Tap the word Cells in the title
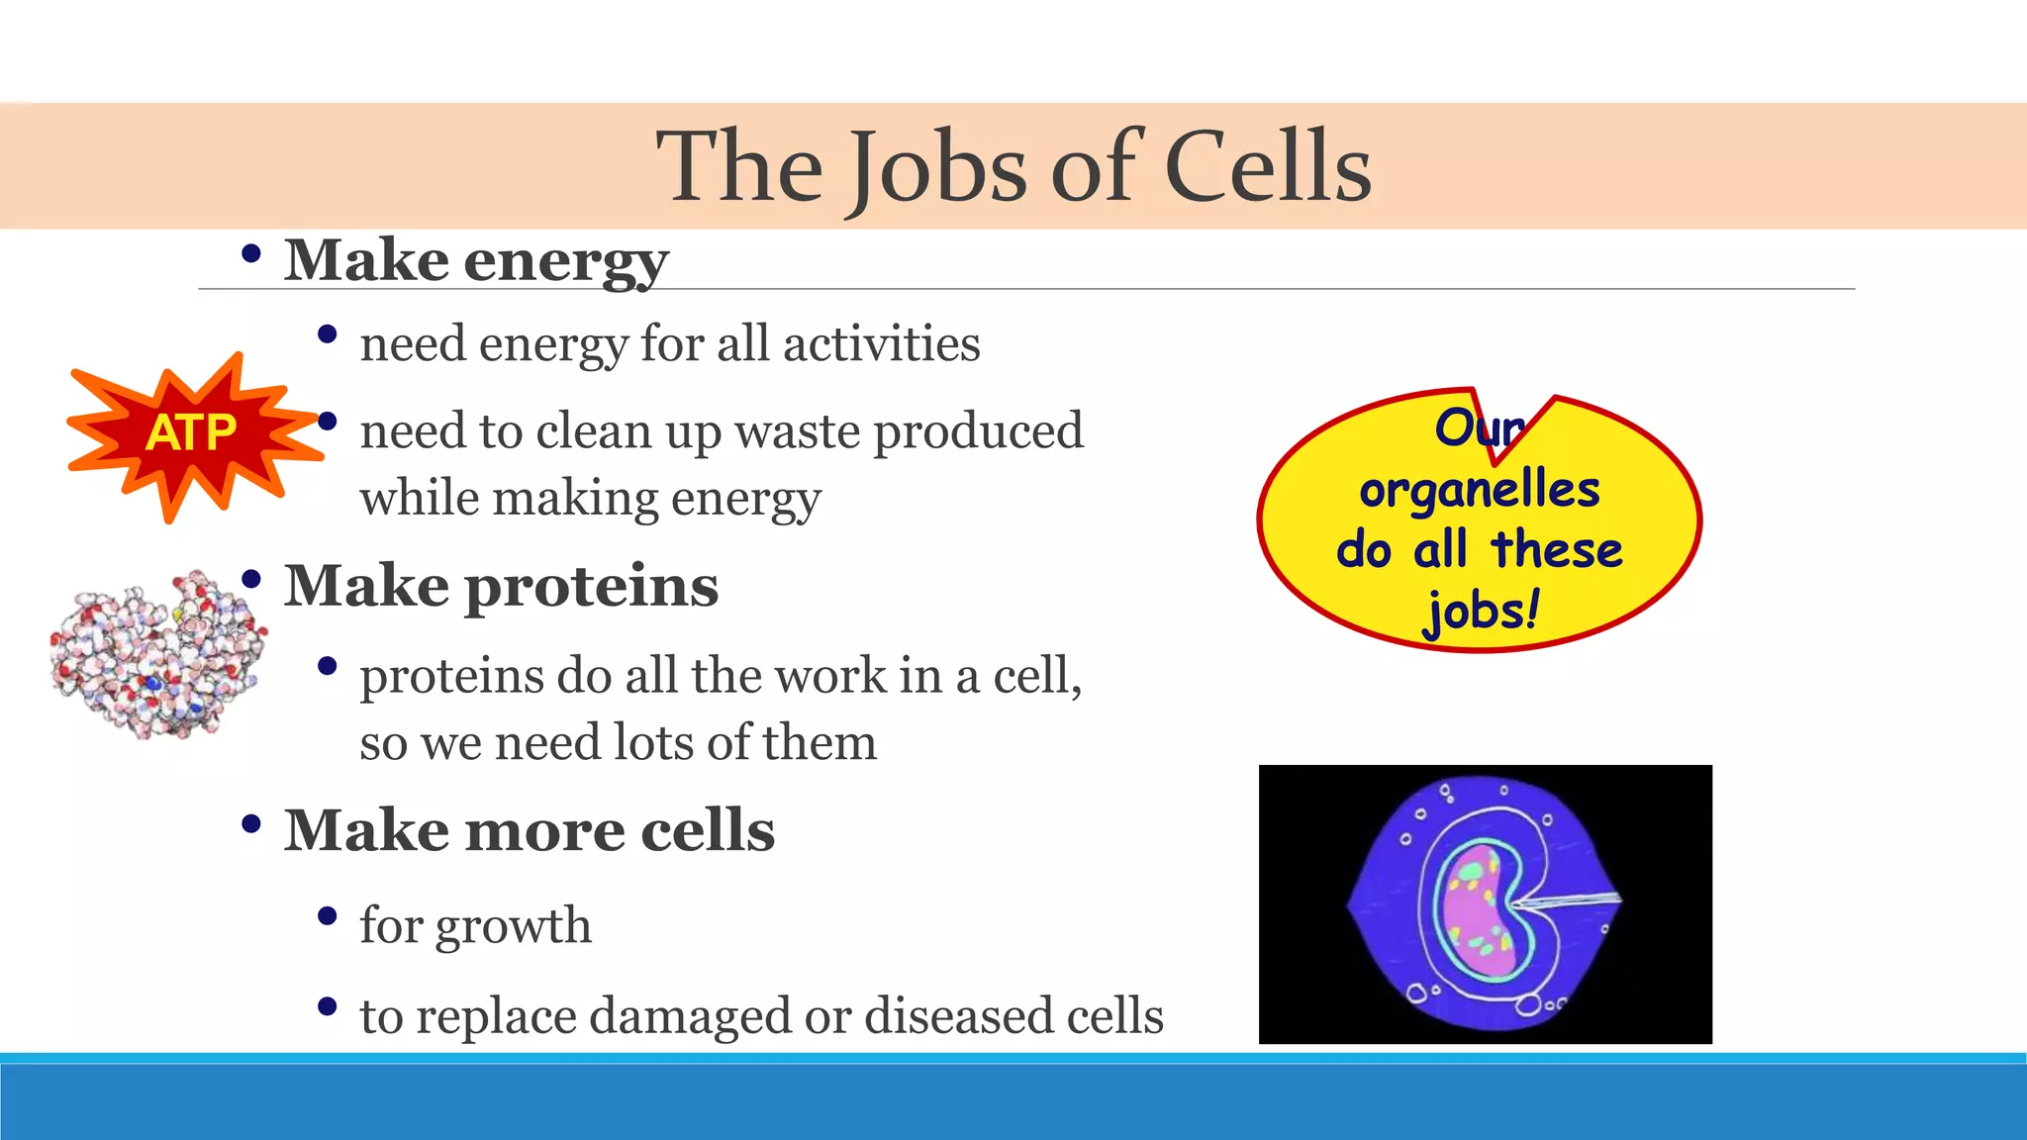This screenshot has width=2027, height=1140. pos(1268,168)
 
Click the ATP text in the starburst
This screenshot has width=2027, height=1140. pos(191,433)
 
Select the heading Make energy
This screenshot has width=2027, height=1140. pos(476,261)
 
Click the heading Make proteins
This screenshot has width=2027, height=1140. pos(501,586)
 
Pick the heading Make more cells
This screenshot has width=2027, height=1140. pos(529,830)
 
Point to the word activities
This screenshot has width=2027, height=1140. pos(881,344)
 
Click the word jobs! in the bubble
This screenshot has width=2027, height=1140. pos(1482,611)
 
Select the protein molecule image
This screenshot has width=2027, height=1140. pos(156,653)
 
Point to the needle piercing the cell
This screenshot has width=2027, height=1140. pos(1569,902)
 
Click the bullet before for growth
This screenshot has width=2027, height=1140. pos(328,917)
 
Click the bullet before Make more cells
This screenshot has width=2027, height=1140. pos(250,823)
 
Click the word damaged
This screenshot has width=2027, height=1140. pos(691,1016)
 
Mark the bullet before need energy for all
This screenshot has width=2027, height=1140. pos(328,335)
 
